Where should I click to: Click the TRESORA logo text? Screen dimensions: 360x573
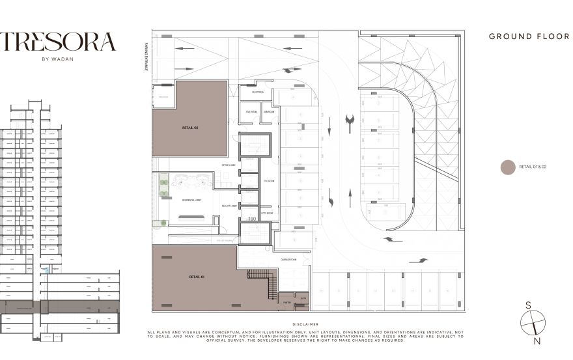point(58,42)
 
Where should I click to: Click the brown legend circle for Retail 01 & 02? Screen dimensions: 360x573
point(507,167)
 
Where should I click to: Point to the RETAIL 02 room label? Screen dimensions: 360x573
point(190,128)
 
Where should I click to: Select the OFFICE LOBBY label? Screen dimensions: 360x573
point(227,165)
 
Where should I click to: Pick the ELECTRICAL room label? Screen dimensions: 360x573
point(257,92)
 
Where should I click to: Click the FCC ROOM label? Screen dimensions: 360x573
point(269,180)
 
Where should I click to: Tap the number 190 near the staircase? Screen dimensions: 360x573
point(252,219)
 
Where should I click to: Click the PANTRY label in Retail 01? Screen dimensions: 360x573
point(286,301)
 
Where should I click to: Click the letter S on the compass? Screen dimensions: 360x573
point(528,305)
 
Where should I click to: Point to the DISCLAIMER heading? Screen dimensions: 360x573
point(305,324)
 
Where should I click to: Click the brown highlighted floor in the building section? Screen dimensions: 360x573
point(59,306)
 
